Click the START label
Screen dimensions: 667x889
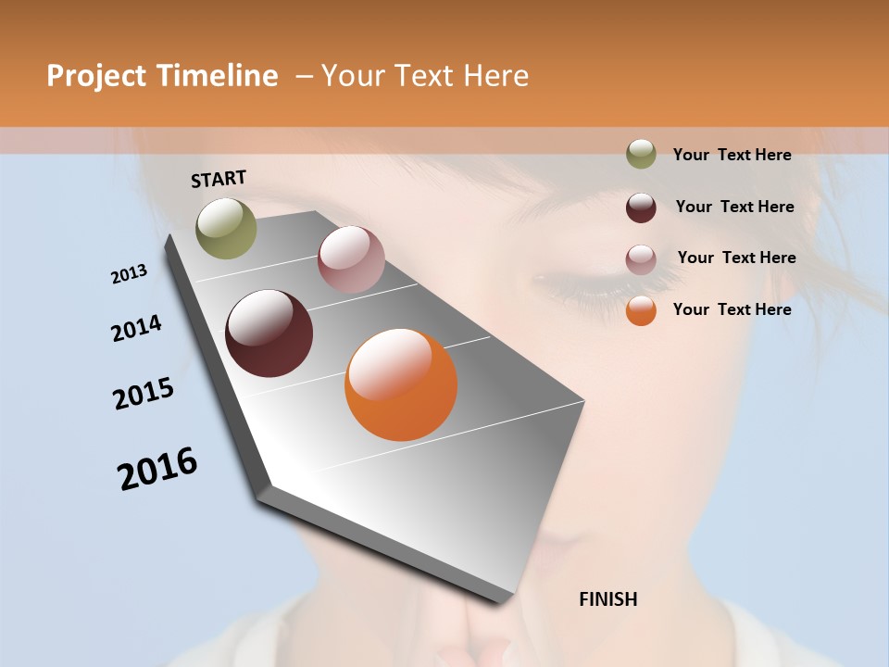click(x=219, y=179)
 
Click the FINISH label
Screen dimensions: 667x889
click(x=608, y=599)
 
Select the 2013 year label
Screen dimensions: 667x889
click(x=130, y=274)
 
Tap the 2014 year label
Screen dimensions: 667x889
click(x=137, y=328)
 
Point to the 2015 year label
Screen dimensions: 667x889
click(x=144, y=394)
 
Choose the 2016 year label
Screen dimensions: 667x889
click(x=157, y=469)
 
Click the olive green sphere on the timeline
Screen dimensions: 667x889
click(x=226, y=228)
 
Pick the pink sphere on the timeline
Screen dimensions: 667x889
click(x=351, y=259)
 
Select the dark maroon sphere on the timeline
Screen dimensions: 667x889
click(x=269, y=333)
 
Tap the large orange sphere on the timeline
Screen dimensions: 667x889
click(x=401, y=384)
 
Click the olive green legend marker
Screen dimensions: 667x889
click(x=641, y=155)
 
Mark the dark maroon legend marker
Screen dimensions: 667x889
click(x=641, y=208)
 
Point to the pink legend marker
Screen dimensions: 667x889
click(x=641, y=259)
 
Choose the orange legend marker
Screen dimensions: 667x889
click(x=641, y=311)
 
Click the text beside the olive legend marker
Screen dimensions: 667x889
click(x=732, y=155)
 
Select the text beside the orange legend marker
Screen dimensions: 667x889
click(x=732, y=309)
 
